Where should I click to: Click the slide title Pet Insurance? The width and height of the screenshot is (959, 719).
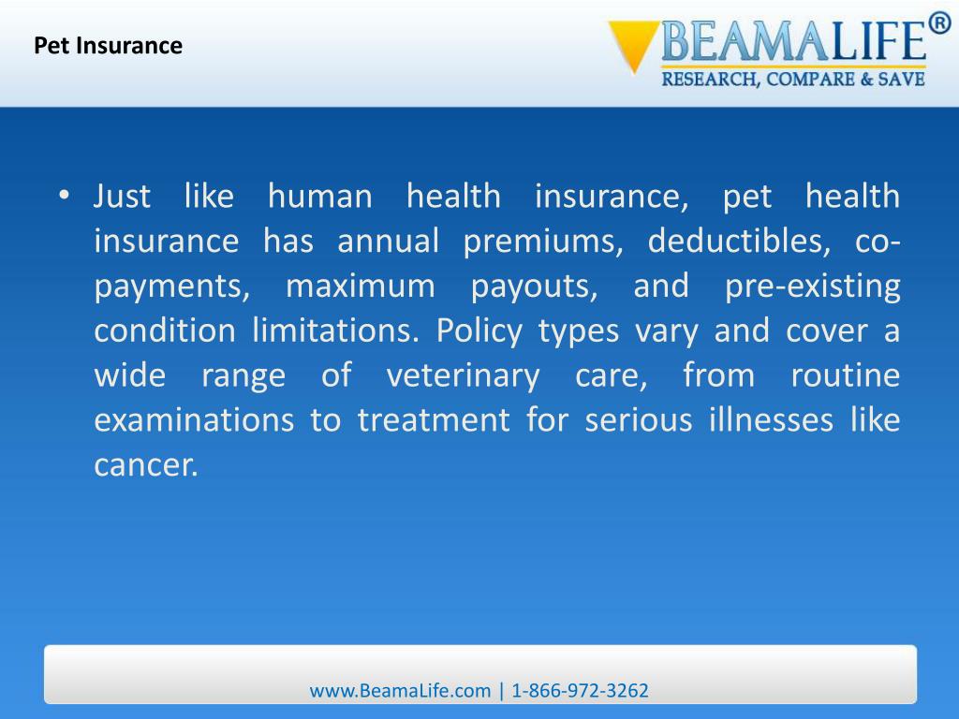[108, 45]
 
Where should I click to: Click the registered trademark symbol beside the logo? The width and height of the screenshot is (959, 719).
[939, 22]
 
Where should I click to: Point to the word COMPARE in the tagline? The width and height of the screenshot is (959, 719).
[811, 80]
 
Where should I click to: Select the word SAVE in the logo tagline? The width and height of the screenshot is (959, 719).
[902, 80]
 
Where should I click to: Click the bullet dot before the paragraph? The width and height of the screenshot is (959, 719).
[63, 196]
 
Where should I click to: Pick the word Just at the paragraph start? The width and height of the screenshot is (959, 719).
[123, 197]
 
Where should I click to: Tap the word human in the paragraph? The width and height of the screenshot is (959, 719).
[319, 197]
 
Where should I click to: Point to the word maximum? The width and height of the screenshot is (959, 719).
[361, 286]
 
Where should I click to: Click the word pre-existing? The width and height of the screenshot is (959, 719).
[812, 286]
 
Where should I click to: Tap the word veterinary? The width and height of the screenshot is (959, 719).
[463, 376]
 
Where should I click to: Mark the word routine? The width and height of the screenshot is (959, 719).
[845, 376]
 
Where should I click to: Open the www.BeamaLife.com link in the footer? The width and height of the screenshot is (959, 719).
[400, 691]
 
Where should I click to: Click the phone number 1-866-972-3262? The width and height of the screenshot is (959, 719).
[580, 691]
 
